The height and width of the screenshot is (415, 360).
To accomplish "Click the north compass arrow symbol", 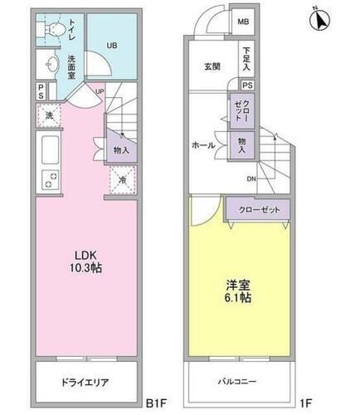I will pyautogui.click(x=323, y=18).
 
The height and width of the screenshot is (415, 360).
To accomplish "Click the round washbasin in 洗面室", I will pyautogui.click(x=47, y=66).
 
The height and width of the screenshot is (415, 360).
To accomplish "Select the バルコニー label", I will pyautogui.click(x=239, y=383).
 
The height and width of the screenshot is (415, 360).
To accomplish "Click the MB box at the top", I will pyautogui.click(x=245, y=22).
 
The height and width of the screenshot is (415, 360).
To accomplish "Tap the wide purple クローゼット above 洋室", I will pyautogui.click(x=258, y=211).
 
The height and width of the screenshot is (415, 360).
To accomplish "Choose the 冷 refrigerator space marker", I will pyautogui.click(x=121, y=178).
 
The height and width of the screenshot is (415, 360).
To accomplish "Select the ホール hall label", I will pyautogui.click(x=203, y=145).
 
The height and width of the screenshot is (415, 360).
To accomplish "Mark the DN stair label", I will pyautogui.click(x=251, y=178).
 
